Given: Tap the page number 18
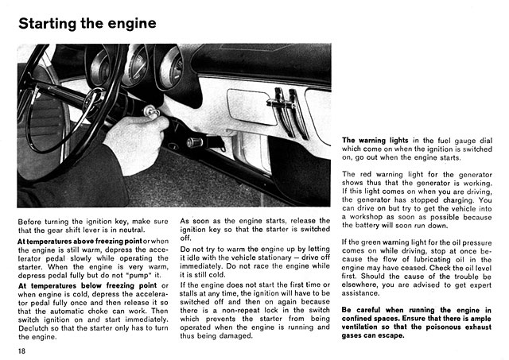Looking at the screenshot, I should click(x=22, y=350).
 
